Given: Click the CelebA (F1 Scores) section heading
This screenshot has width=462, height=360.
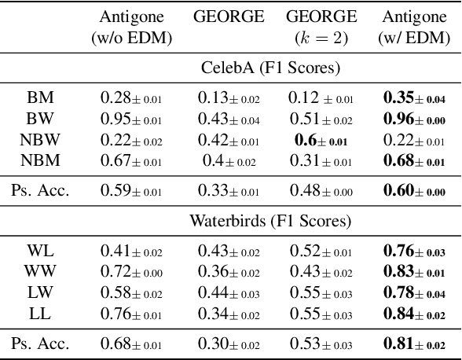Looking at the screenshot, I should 269,68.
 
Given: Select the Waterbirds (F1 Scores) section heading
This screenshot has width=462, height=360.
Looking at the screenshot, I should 269,220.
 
